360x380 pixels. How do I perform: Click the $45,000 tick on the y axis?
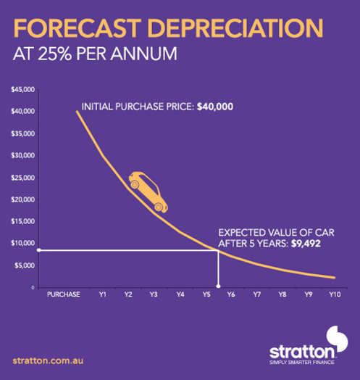pos(23,90)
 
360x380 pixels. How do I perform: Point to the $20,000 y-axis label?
pos(23,199)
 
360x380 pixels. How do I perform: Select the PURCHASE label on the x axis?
pos(63,297)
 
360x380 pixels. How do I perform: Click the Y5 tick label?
pos(206,297)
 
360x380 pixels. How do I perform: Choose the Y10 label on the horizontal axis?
pos(334,297)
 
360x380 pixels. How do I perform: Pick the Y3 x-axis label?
pos(154,297)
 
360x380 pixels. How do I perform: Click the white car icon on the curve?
pos(148,191)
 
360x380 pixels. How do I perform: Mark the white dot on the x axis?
pos(219,287)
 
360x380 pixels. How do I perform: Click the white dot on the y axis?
pos(38,249)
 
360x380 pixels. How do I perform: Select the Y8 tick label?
pos(282,297)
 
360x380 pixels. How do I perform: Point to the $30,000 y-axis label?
pos(23,156)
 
